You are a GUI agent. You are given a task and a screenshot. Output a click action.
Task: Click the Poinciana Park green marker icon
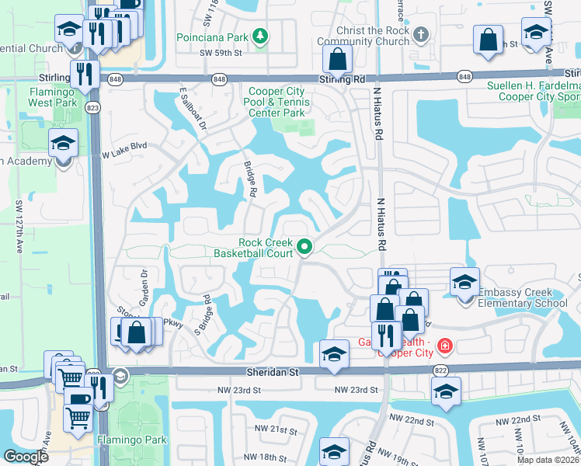point(261,35)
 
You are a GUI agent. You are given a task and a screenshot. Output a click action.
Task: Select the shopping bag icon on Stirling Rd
point(338,58)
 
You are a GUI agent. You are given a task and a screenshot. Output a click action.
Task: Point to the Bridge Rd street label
point(250,179)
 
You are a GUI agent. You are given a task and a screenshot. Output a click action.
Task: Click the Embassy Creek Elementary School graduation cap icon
point(464,281)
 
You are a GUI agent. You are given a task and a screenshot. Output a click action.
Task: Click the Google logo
point(26,457)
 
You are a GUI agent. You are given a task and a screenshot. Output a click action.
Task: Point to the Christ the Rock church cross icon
point(421,35)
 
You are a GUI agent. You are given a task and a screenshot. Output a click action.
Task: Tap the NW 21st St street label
point(277,429)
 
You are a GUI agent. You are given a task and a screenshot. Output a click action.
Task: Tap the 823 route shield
point(93,108)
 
